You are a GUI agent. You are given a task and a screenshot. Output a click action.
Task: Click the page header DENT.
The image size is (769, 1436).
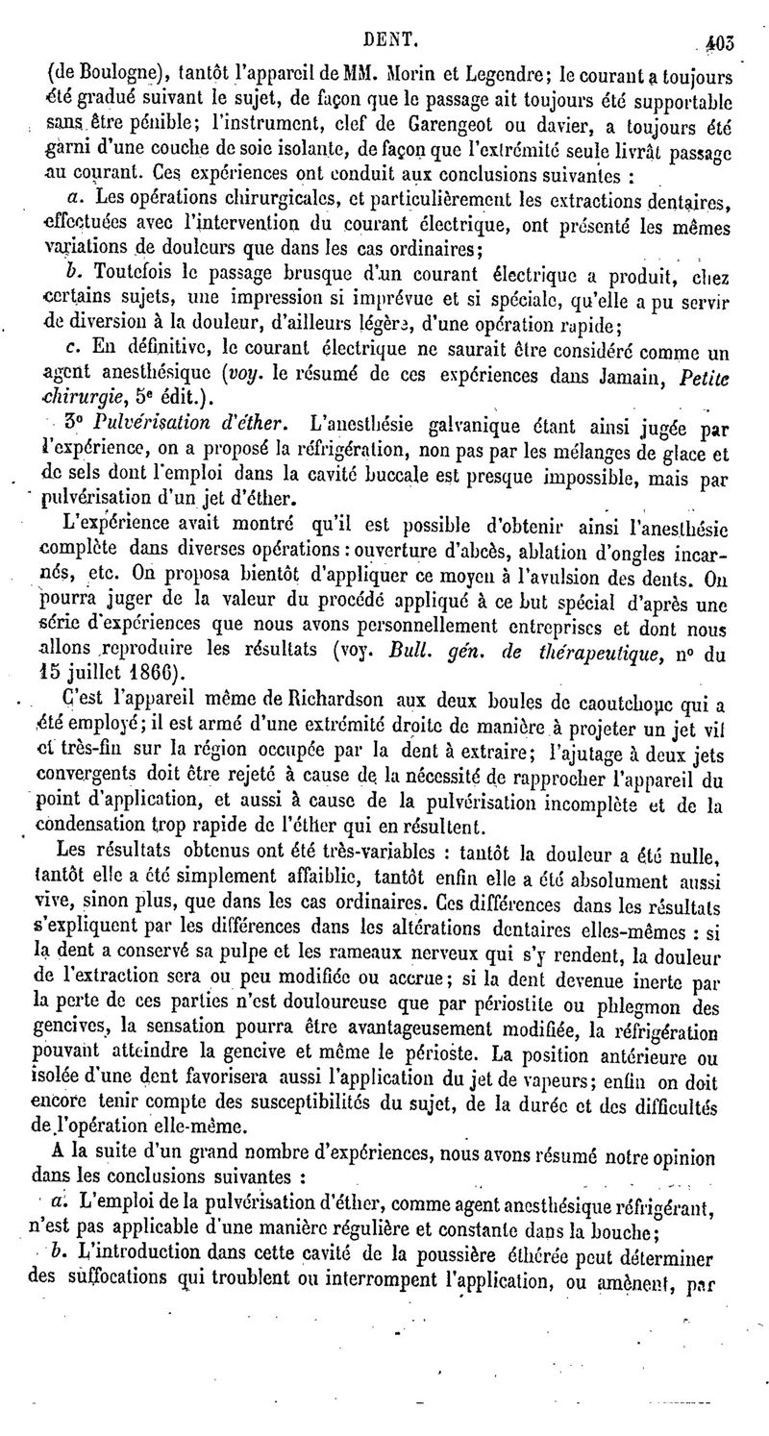[x=388, y=14]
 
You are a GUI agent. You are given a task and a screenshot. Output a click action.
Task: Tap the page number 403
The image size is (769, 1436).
[x=718, y=15]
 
